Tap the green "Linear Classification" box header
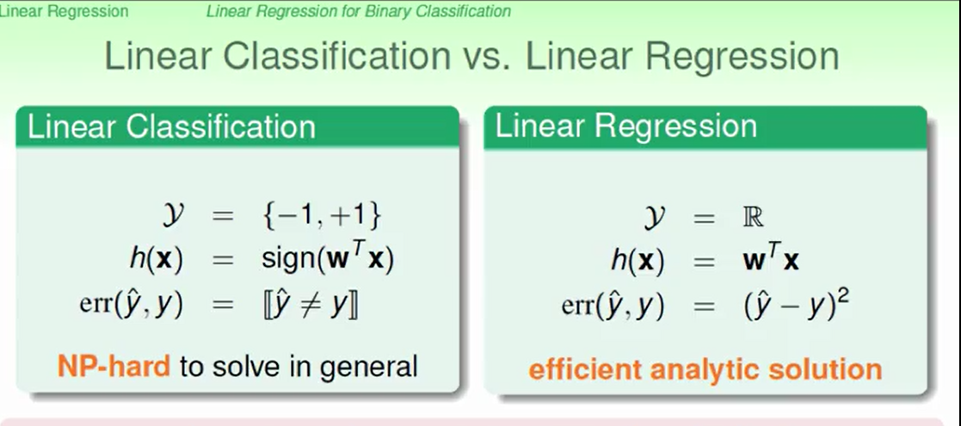click(x=237, y=127)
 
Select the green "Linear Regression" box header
click(x=705, y=127)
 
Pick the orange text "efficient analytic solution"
click(x=705, y=369)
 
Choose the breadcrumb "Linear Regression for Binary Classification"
click(x=359, y=11)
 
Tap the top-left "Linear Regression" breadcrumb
click(x=63, y=11)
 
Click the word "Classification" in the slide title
click(x=336, y=57)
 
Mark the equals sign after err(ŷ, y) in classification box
click(x=223, y=306)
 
